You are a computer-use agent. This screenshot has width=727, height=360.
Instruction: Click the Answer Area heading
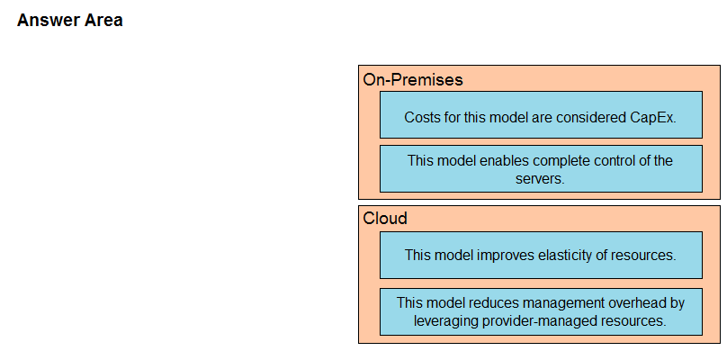coord(70,21)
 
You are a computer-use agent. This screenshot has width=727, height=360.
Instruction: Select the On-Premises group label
coord(413,80)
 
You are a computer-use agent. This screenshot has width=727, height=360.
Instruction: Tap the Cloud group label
coord(385,218)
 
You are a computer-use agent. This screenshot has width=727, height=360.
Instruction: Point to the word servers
coord(540,179)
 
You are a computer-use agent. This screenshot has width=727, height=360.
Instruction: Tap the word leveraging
coord(446,321)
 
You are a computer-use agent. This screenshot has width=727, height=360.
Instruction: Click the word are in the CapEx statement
coord(542,118)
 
